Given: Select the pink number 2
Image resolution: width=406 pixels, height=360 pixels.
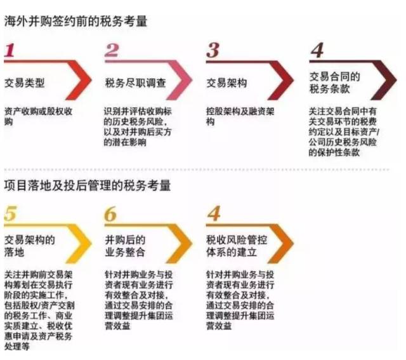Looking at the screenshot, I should tap(112, 51).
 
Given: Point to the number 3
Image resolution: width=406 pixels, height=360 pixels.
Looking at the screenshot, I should tap(213, 51).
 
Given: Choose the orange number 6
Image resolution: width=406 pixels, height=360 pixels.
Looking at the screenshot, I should tap(111, 214).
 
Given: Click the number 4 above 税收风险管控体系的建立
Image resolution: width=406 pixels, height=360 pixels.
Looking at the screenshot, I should tap(214, 214).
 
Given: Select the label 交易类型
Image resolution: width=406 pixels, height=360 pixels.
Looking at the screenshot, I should tap(25, 83).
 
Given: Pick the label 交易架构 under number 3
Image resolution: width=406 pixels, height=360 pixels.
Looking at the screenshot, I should tap(226, 83).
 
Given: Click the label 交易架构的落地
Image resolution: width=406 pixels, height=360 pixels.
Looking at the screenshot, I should tap(30, 246).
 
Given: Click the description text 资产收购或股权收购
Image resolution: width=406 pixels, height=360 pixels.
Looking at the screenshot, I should tap(38, 115).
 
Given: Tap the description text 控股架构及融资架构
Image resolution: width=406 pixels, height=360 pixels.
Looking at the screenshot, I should tap(240, 115).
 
